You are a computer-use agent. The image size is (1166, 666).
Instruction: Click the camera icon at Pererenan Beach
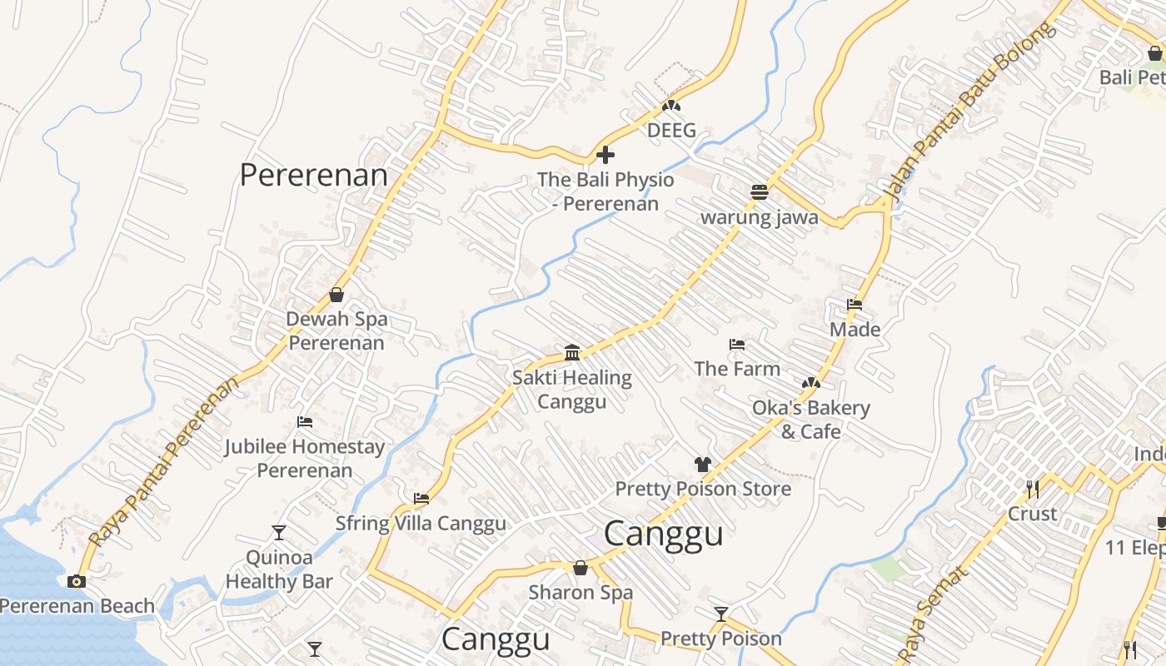[77, 581]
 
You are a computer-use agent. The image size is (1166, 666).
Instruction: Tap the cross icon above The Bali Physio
[605, 155]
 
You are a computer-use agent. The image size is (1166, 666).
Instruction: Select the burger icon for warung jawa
[759, 192]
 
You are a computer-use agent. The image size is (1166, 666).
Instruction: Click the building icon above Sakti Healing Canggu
[572, 352]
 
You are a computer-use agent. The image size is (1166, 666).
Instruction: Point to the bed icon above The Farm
[736, 344]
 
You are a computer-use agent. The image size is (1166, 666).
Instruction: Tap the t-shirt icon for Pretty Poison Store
[703, 464]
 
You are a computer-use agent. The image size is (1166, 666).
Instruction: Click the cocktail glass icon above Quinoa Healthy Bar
[279, 532]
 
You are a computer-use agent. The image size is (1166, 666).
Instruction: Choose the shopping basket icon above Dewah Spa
[336, 294]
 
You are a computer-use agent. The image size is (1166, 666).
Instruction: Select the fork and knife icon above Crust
[1033, 489]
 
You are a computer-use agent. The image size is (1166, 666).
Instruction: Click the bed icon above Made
[855, 305]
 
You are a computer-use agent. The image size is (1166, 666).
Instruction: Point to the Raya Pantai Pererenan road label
[163, 461]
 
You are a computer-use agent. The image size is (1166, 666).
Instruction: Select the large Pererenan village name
[314, 176]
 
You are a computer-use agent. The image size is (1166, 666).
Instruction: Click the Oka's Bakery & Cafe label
[810, 420]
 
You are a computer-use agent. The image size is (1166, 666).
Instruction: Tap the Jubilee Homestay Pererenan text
[305, 459]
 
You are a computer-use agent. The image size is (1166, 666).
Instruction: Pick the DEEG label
[671, 131]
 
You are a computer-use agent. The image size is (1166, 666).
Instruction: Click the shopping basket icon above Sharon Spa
[581, 568]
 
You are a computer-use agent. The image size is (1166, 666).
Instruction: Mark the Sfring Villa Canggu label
[421, 524]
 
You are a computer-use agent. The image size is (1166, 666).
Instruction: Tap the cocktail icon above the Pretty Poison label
[721, 614]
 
